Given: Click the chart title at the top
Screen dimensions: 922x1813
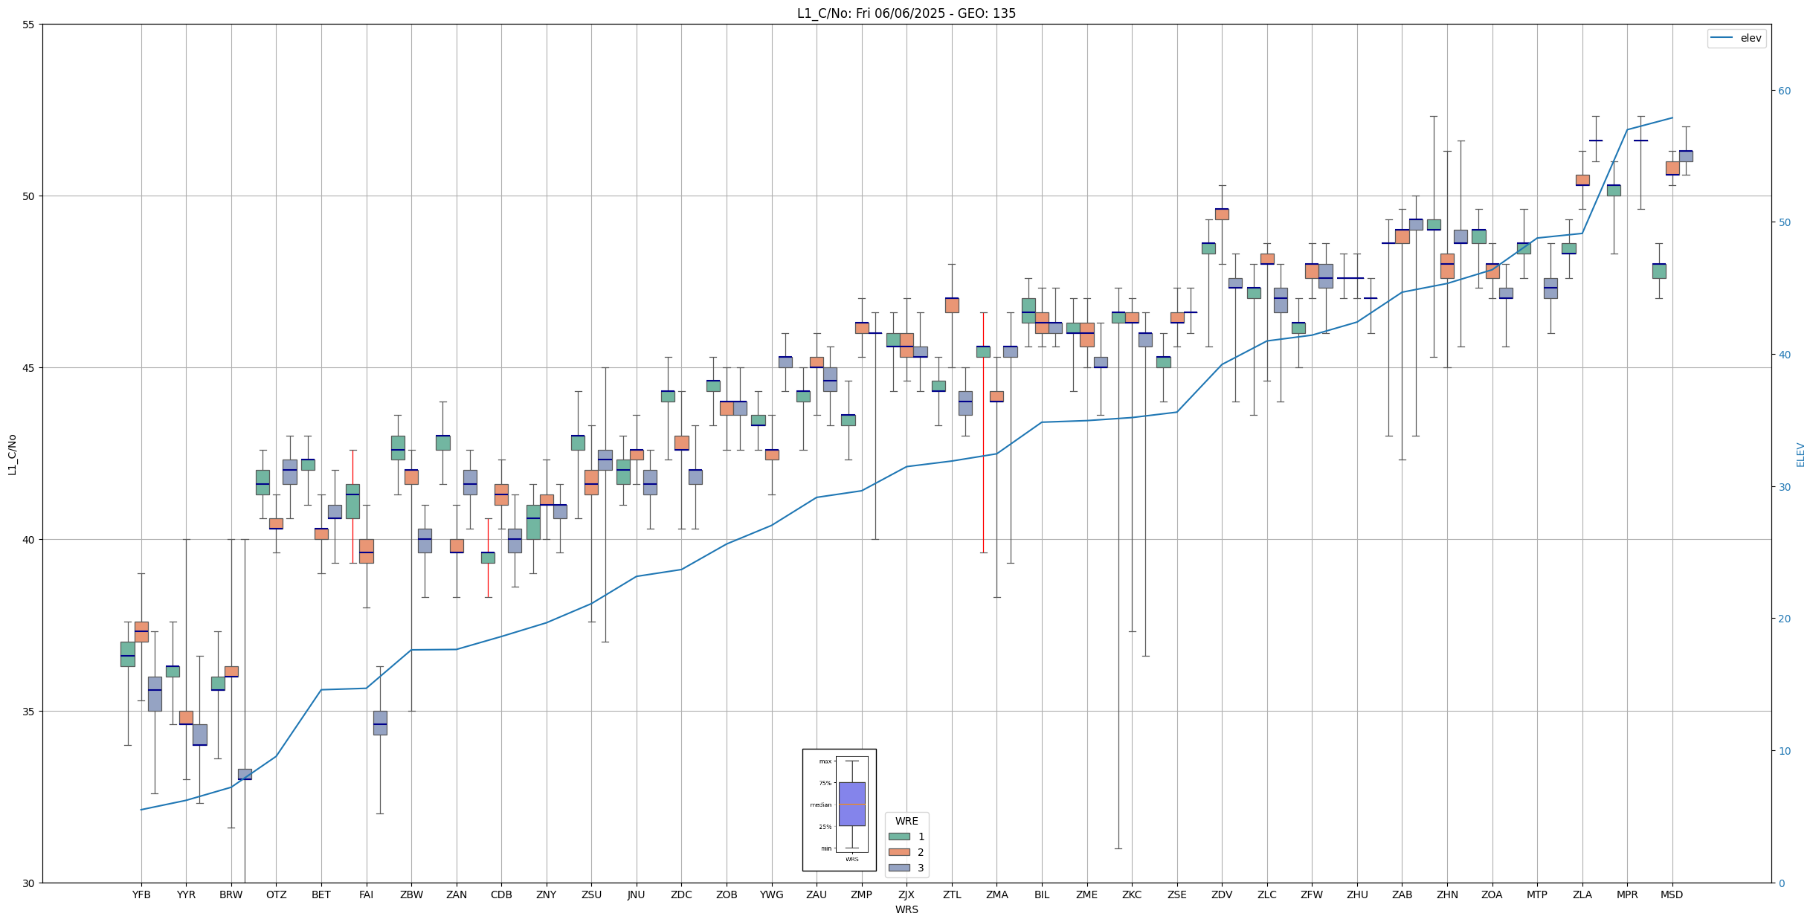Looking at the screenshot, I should (x=906, y=13).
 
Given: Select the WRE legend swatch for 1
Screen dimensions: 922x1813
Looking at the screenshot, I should (x=899, y=836).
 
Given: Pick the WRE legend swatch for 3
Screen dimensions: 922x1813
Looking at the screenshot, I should (x=899, y=868).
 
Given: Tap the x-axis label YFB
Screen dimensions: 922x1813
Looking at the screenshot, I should (x=141, y=894).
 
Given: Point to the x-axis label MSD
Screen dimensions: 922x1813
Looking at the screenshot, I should (x=1672, y=894).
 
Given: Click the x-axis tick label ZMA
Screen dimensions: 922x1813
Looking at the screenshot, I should (x=996, y=894).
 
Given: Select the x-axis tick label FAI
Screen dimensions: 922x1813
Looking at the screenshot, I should (x=366, y=894).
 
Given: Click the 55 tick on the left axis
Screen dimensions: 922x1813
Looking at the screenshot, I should (x=29, y=25).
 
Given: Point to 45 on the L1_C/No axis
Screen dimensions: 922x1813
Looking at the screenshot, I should (x=29, y=368).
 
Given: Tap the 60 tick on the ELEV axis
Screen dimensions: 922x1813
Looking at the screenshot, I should (x=1783, y=91).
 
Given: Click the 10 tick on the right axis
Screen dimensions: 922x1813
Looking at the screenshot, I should (x=1783, y=751).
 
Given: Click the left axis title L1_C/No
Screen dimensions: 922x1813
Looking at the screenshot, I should (x=12, y=454).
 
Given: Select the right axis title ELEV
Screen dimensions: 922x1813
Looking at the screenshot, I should (x=1800, y=454).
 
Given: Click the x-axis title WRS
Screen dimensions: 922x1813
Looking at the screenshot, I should (x=906, y=909).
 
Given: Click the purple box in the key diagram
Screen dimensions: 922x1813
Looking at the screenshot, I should (x=851, y=803).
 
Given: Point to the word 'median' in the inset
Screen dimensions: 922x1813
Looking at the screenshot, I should (x=821, y=805).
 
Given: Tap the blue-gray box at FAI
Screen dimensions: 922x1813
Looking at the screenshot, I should (x=380, y=723).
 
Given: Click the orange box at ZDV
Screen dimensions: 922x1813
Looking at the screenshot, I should (x=1222, y=214).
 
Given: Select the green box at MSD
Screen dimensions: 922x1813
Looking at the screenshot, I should (x=1659, y=271).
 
